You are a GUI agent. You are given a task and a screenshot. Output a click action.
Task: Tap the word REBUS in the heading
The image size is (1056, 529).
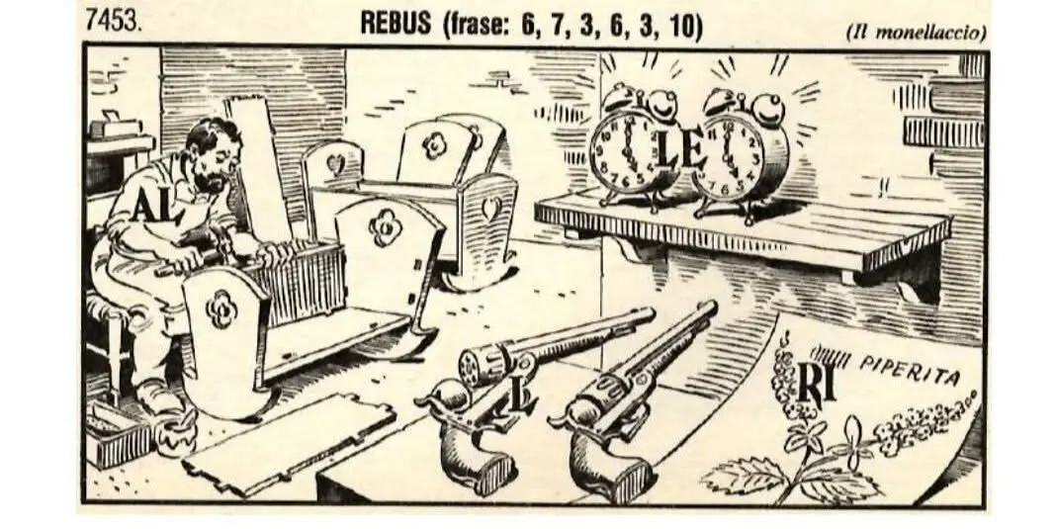click(396, 24)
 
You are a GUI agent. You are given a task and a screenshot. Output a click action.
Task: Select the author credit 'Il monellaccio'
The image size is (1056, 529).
click(916, 32)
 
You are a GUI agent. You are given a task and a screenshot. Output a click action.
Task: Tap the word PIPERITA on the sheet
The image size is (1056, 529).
click(910, 369)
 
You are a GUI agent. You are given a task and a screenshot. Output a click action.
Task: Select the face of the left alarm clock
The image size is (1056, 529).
click(624, 152)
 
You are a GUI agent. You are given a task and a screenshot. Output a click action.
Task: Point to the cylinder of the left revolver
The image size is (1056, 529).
click(484, 362)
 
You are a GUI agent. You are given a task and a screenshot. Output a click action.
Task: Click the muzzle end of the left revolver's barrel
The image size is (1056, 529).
click(649, 313)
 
